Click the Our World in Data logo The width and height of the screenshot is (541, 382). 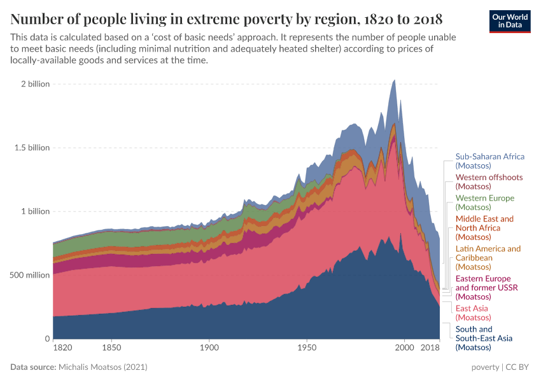[x=509, y=20]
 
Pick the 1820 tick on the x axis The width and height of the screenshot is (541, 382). [x=63, y=348]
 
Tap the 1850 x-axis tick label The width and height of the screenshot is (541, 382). [x=111, y=348]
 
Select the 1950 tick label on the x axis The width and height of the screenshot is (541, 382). [x=307, y=348]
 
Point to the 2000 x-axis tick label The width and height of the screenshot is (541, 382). [x=404, y=348]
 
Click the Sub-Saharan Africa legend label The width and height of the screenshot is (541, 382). [x=489, y=161]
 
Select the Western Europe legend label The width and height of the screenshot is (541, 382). [x=484, y=202]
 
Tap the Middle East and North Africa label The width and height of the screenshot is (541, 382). [x=484, y=228]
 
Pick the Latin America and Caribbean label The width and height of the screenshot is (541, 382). [x=488, y=258]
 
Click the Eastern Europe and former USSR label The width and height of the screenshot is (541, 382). [x=487, y=288]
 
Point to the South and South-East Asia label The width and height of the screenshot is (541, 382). [x=484, y=338]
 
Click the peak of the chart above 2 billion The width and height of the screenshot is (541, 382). [x=395, y=81]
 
